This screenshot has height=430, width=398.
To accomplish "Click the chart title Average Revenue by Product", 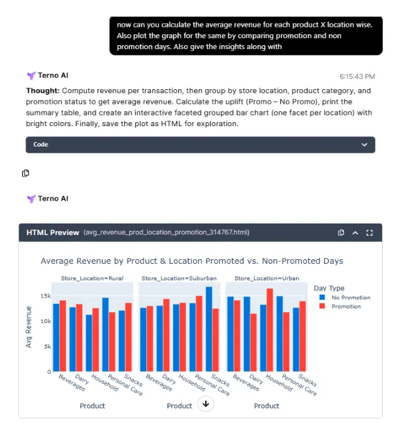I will (x=192, y=261).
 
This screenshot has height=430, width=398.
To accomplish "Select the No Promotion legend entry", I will (x=350, y=297).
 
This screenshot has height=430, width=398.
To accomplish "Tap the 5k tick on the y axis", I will (x=45, y=347).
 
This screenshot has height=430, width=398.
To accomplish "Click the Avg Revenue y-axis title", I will (x=29, y=327).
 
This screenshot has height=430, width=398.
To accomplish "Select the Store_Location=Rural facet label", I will (x=92, y=278).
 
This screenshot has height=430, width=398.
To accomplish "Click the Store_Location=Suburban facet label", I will (x=179, y=278).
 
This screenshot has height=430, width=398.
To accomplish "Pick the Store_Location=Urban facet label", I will (x=267, y=278).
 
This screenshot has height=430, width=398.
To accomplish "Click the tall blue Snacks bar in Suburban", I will (x=209, y=329).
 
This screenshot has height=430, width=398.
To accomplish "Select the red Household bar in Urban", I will (x=270, y=330).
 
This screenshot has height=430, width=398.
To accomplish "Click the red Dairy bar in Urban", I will (x=253, y=342).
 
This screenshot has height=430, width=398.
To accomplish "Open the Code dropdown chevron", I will (x=364, y=145).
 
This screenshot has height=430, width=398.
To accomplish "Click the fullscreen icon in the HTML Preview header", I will (x=370, y=233).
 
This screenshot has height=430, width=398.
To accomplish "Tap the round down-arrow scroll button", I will (x=205, y=403).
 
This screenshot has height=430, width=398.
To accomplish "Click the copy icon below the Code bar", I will (x=25, y=173).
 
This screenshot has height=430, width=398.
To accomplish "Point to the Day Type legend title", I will (x=329, y=289).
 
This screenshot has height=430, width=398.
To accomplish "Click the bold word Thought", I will (x=42, y=90).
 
